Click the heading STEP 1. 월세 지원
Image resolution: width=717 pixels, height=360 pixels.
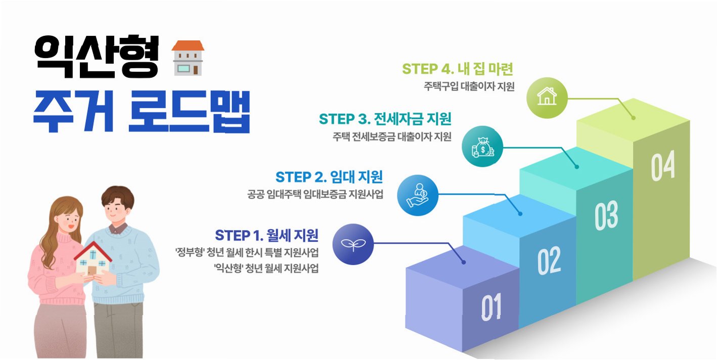pos(266,236)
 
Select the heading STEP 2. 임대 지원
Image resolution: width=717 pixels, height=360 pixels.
pos(329,177)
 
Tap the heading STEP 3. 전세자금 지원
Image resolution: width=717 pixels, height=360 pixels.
pos(385,119)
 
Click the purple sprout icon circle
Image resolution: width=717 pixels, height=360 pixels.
pos(353,244)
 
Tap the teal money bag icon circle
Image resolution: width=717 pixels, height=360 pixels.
pos(482,147)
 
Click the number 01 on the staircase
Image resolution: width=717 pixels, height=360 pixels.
pos(491,307)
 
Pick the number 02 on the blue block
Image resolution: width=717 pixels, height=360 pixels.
pos(549,260)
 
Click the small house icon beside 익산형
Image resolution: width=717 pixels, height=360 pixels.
pos(188,58)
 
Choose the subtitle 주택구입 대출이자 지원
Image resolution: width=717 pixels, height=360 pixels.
pos(469,86)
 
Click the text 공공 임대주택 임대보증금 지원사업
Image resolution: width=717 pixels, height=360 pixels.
pos(315,194)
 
